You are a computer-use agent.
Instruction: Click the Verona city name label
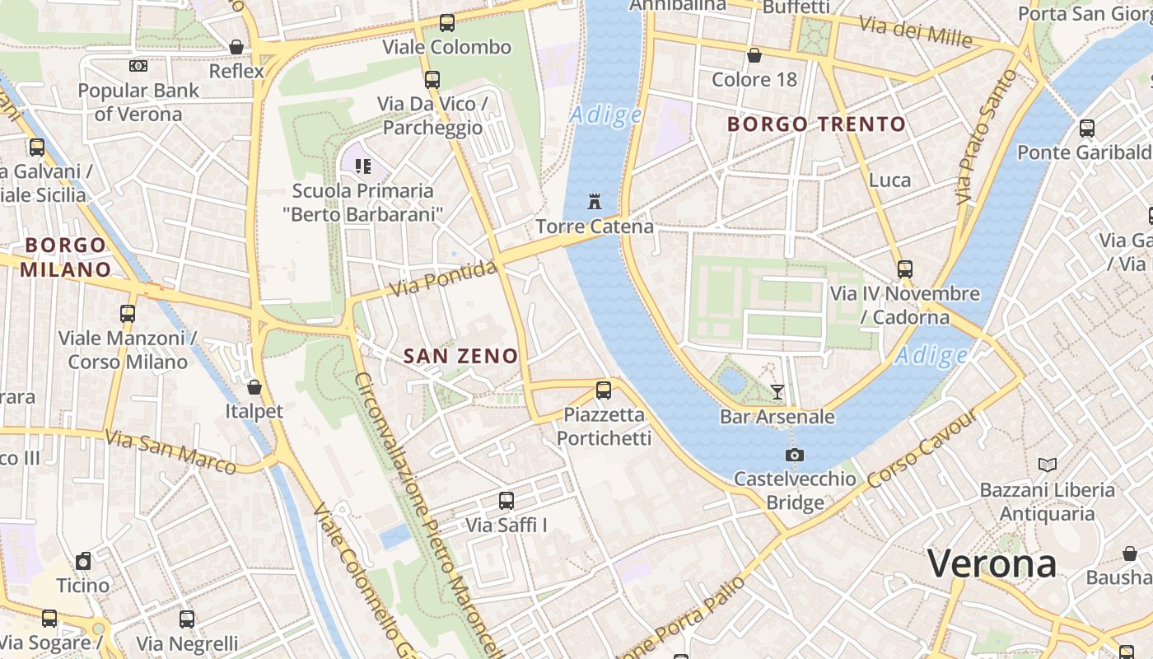[992, 564]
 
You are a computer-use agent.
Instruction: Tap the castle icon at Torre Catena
[594, 201]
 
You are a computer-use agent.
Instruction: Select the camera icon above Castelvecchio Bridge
[795, 455]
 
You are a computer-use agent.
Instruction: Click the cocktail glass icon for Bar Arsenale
[777, 392]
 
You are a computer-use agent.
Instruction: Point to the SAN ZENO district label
[461, 356]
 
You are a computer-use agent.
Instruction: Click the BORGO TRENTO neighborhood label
[817, 124]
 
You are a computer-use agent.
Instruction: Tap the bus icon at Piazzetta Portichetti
[604, 390]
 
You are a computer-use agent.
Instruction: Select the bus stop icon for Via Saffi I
[506, 501]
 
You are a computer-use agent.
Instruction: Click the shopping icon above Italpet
[254, 387]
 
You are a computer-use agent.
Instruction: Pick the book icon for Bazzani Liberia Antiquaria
[1047, 465]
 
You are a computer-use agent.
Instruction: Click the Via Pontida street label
[445, 278]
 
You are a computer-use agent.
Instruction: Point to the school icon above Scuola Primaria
[362, 166]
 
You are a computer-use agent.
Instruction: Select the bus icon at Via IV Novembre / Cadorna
[905, 269]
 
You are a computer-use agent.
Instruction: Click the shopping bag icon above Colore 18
[754, 56]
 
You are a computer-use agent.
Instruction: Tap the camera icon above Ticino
[83, 562]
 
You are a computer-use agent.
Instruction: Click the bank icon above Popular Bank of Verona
[138, 66]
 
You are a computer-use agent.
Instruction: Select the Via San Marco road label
[172, 451]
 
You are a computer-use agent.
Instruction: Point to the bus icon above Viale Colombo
[447, 23]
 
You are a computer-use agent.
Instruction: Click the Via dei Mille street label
[916, 30]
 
